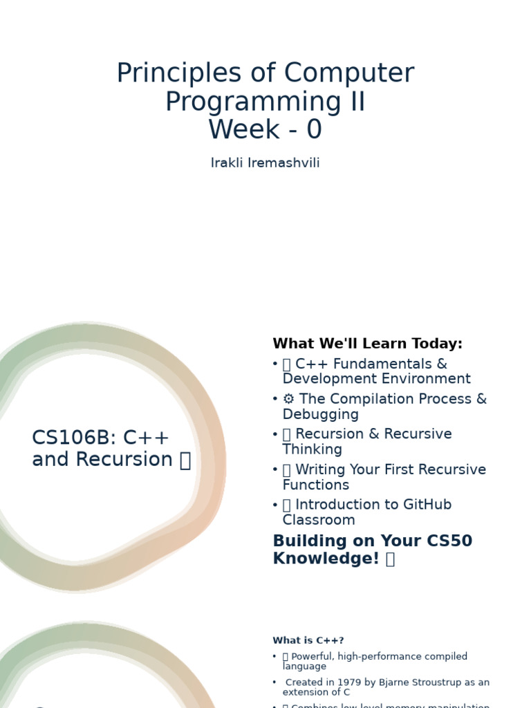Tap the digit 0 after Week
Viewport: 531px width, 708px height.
pyautogui.click(x=314, y=129)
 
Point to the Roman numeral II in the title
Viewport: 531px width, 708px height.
pyautogui.click(x=356, y=102)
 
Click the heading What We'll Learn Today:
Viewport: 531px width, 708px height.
pyautogui.click(x=367, y=344)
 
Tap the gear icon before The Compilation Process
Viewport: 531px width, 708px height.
pyautogui.click(x=288, y=400)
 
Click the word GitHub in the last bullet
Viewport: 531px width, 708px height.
pyautogui.click(x=422, y=505)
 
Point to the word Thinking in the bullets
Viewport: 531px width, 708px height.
pyautogui.click(x=312, y=449)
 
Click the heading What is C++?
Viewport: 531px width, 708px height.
pyautogui.click(x=308, y=641)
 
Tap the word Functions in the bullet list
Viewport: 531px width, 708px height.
pyautogui.click(x=315, y=485)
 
